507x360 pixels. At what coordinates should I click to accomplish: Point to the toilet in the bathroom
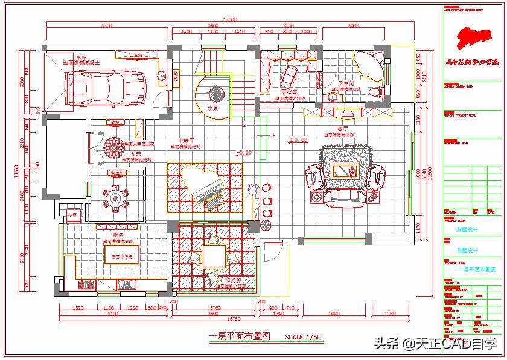pos(378,92)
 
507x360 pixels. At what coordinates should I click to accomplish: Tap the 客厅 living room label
pos(343,129)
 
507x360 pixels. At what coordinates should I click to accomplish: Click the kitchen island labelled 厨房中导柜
pos(121,256)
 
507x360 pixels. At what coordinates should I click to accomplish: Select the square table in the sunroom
pos(214,256)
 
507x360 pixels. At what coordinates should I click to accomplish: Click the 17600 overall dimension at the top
pos(230,19)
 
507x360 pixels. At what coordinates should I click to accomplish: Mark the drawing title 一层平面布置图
pos(240,336)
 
